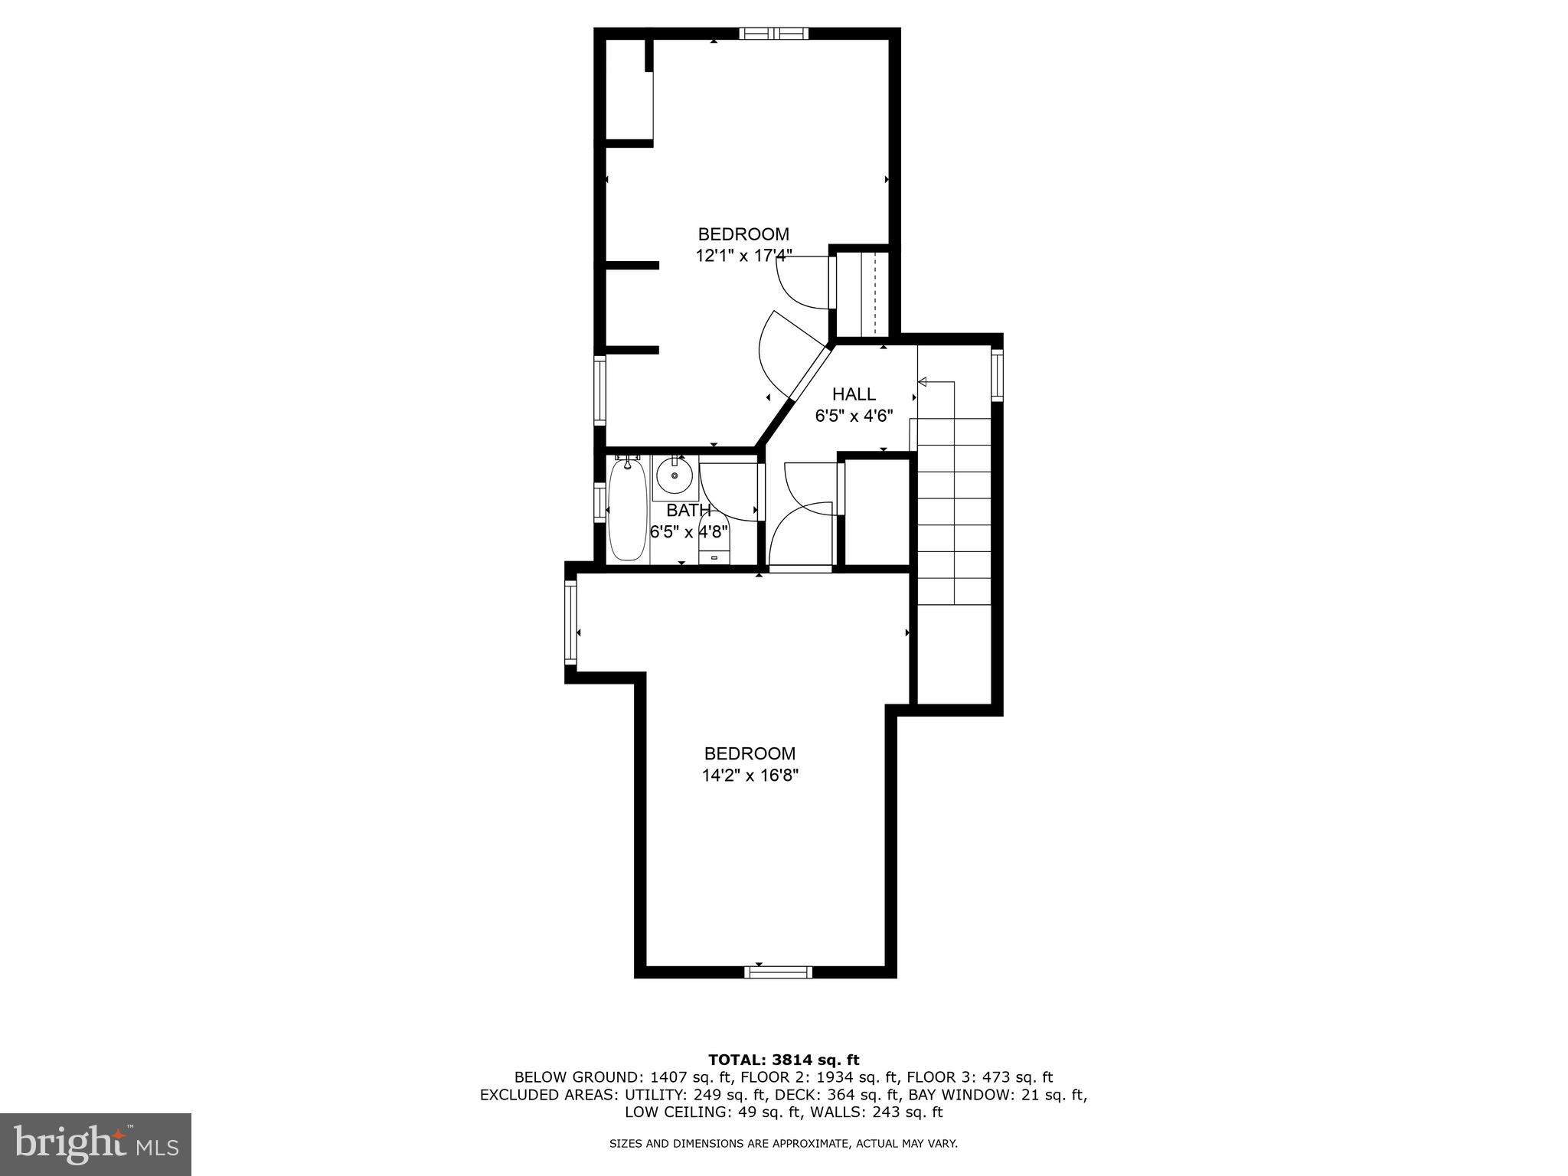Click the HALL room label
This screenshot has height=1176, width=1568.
[854, 394]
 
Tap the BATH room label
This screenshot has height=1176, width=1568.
[688, 510]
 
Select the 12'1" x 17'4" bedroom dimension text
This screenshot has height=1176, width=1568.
[743, 256]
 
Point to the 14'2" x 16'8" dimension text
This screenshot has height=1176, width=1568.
[750, 776]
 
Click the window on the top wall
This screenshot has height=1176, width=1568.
[773, 33]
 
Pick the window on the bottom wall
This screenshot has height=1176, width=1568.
[778, 972]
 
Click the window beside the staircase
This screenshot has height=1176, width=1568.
[997, 374]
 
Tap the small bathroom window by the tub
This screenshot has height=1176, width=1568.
[599, 502]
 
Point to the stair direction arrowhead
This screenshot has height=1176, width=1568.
[923, 381]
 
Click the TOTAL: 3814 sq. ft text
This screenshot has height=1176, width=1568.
[783, 1060]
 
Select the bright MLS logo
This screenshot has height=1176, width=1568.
[96, 1144]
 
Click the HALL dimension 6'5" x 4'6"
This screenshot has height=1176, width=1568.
[854, 416]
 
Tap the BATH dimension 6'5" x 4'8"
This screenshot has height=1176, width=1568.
[689, 531]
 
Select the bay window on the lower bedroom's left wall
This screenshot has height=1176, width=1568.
[570, 622]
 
